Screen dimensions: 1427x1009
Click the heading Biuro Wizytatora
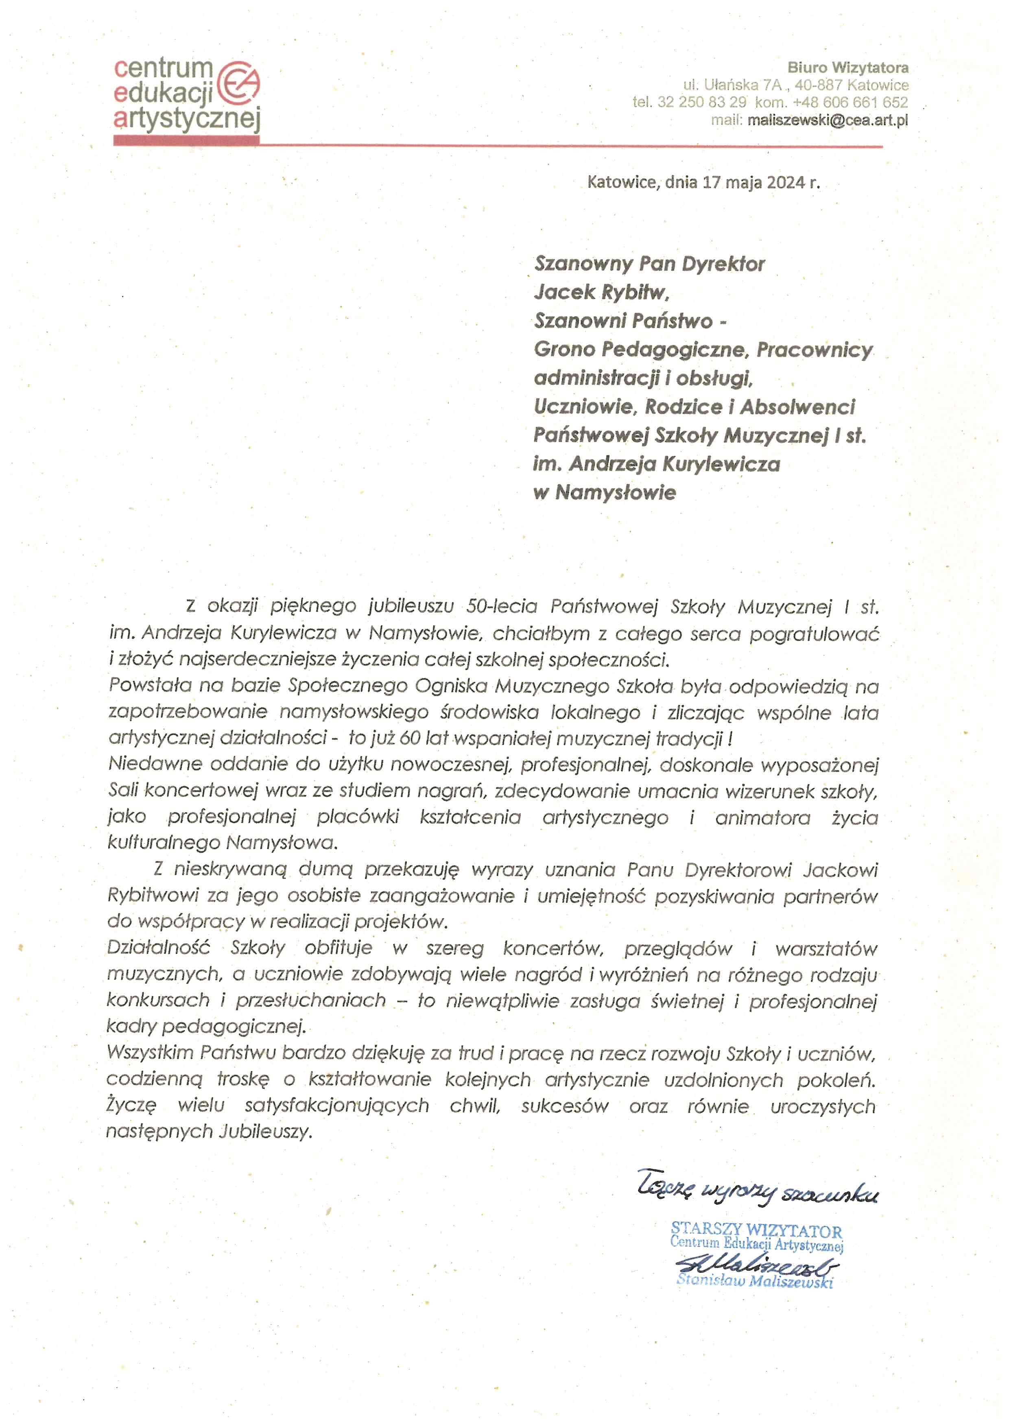[847, 68]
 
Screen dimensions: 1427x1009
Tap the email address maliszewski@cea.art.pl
[828, 120]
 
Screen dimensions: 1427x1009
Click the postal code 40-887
[818, 85]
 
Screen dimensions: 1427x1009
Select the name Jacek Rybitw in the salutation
[601, 292]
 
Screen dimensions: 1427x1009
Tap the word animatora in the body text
[762, 818]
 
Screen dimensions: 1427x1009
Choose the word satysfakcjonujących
[337, 1106]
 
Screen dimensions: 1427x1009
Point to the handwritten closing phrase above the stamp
[757, 1191]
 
